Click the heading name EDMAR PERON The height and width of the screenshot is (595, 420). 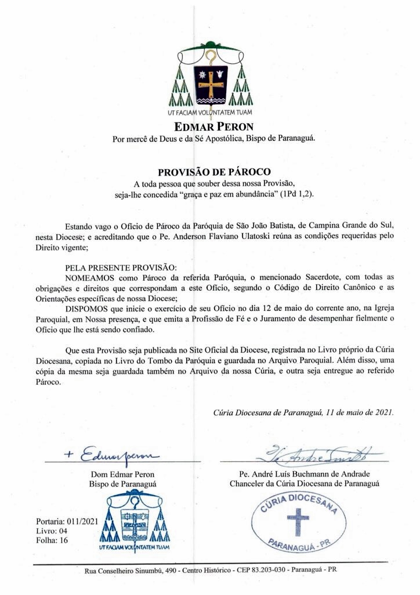[x=209, y=126]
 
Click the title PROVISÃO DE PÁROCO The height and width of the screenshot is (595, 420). [x=209, y=172]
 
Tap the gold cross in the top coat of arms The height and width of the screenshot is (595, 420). [x=210, y=83]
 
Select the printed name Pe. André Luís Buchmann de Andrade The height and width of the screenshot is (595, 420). [x=305, y=474]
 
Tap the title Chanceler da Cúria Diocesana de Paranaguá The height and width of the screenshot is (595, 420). [x=305, y=483]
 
